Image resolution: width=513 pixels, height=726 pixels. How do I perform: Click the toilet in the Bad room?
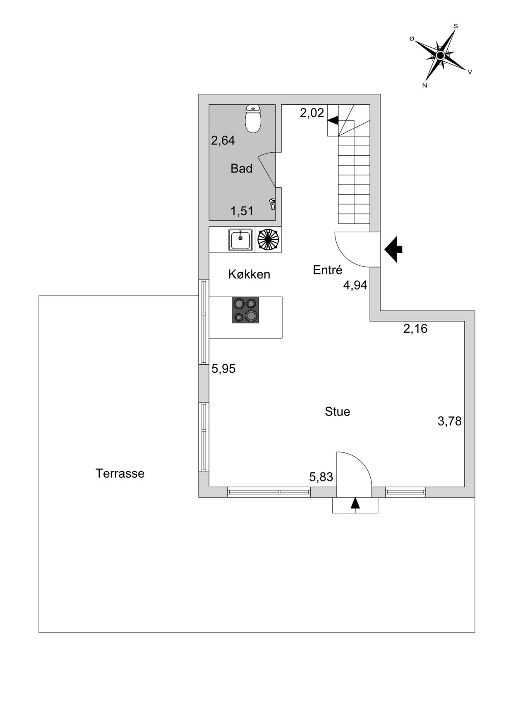click(253, 119)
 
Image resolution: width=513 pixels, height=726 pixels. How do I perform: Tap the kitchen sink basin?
click(240, 240)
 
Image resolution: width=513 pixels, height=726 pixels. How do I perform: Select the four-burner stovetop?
click(245, 310)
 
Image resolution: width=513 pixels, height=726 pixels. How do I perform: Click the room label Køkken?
click(249, 274)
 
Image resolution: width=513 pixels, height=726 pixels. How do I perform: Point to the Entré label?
click(328, 270)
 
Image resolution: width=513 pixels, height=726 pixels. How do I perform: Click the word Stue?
click(337, 412)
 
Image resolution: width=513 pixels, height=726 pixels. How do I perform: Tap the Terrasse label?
click(120, 474)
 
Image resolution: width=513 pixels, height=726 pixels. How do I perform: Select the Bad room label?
click(241, 168)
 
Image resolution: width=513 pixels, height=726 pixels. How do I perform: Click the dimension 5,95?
click(223, 369)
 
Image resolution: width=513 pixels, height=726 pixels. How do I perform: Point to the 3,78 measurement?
click(449, 421)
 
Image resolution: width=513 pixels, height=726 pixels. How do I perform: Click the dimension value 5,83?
click(321, 477)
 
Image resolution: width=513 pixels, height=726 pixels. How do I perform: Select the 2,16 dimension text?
click(415, 329)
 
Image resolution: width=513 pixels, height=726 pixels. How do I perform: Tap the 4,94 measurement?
click(355, 285)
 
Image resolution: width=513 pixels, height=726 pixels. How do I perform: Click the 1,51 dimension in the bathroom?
click(242, 211)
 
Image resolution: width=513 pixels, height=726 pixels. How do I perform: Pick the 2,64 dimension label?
click(223, 141)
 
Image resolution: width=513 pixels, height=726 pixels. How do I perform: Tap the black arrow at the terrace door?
click(355, 503)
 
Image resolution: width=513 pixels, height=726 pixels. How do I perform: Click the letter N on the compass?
click(424, 86)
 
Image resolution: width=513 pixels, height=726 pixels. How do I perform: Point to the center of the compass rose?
click(440, 55)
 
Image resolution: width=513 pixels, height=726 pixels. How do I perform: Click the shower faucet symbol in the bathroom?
click(272, 204)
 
